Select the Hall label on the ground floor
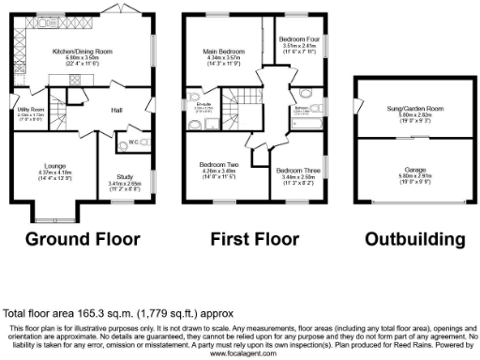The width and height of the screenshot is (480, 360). click(117, 111)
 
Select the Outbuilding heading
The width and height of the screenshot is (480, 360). click(414, 239)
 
